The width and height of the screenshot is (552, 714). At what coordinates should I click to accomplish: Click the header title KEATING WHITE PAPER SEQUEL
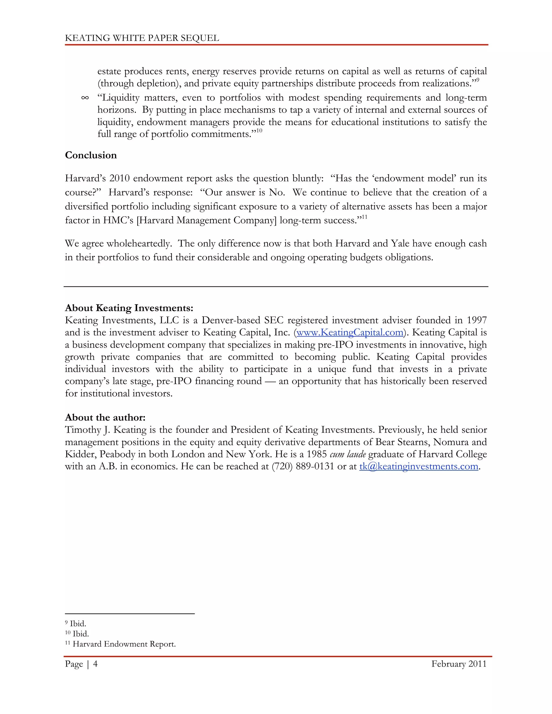tap(142, 38)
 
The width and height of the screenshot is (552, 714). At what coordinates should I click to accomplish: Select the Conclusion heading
tap(91, 155)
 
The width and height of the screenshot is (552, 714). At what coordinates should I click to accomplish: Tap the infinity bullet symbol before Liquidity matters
tap(85, 98)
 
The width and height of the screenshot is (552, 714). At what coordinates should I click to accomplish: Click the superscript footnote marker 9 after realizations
tap(478, 80)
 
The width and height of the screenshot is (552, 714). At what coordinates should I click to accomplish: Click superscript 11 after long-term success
tap(364, 217)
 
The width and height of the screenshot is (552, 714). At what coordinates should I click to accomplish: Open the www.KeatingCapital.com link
tap(350, 332)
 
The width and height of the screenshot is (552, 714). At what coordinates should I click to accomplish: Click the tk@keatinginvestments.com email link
tap(419, 466)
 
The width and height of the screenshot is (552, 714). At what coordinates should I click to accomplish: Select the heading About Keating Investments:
tap(129, 308)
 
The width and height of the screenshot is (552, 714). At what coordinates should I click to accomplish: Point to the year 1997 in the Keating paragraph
tap(477, 320)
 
